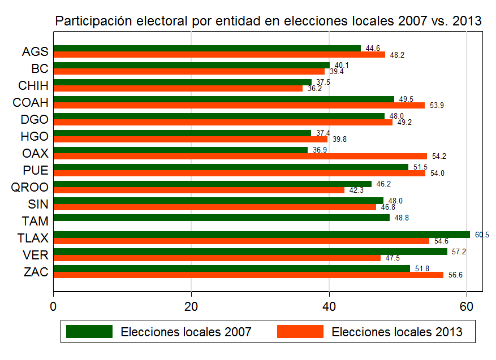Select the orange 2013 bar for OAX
pyautogui.click(x=240, y=156)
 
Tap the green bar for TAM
pyautogui.click(x=221, y=218)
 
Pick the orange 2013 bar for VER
pyautogui.click(x=217, y=258)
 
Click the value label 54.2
pyautogui.click(x=438, y=156)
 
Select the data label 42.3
pyautogui.click(x=356, y=190)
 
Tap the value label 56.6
pyautogui.click(x=455, y=275)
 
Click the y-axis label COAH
pyautogui.click(x=31, y=102)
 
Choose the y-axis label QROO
pyautogui.click(x=30, y=187)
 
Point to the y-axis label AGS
pyautogui.click(x=35, y=51)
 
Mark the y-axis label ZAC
pyautogui.click(x=36, y=272)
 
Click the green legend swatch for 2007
pyautogui.click(x=89, y=331)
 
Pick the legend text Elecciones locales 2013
pyautogui.click(x=397, y=332)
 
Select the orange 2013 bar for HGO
pyautogui.click(x=190, y=139)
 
